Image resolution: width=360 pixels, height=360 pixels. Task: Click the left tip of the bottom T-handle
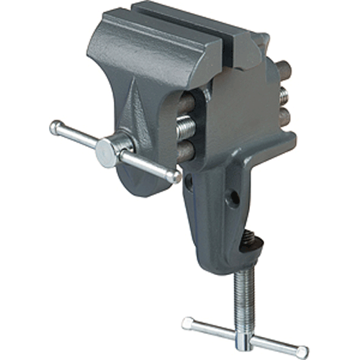tap(187, 323)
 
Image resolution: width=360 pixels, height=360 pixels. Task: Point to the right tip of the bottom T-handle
tap(302, 351)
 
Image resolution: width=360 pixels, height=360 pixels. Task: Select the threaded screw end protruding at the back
tap(284, 94)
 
